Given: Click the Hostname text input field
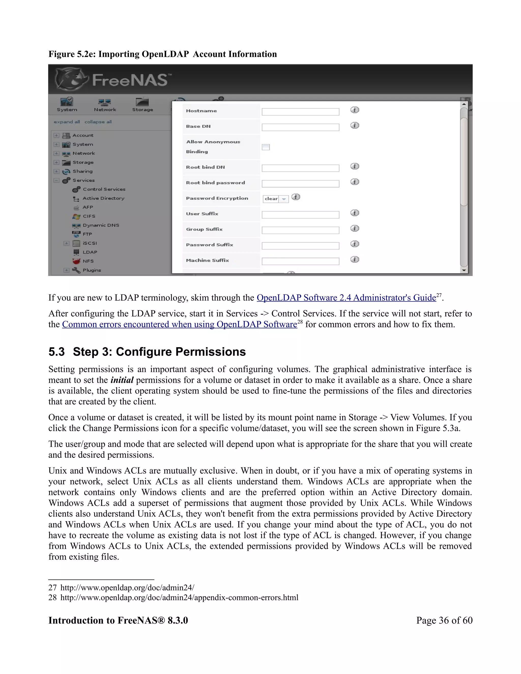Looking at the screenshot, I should [300, 112].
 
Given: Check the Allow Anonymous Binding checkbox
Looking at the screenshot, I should [266, 147].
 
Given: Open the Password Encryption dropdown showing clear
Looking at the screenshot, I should [276, 199].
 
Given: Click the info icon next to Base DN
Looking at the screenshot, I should [355, 126].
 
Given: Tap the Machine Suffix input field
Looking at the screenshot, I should [300, 261].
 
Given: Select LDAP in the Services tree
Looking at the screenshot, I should [90, 252].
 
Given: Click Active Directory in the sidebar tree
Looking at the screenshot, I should [103, 198].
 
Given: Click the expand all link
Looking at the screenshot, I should [67, 122].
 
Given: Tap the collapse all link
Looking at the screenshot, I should [98, 122].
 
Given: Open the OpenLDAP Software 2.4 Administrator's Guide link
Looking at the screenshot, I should [346, 298].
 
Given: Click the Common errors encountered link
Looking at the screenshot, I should [179, 325].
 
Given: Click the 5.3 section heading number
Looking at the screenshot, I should [56, 352].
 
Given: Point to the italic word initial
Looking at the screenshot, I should [122, 380].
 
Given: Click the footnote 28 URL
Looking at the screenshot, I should [179, 597].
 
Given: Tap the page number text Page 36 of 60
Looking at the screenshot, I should [444, 620].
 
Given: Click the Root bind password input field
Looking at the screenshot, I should [300, 184].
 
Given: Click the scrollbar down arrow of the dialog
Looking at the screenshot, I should [464, 270].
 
